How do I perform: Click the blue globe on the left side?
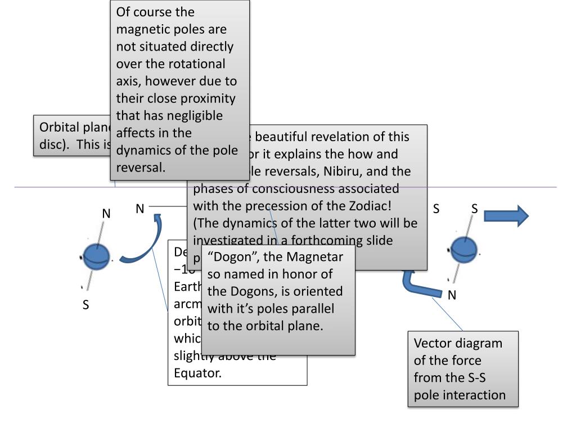pyautogui.click(x=97, y=256)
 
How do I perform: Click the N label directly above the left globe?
pyautogui.click(x=106, y=214)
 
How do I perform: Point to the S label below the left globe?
pyautogui.click(x=86, y=305)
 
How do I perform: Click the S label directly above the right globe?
pyautogui.click(x=474, y=209)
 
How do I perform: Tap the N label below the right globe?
pyautogui.click(x=452, y=294)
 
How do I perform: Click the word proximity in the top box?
pyautogui.click(x=208, y=98)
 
